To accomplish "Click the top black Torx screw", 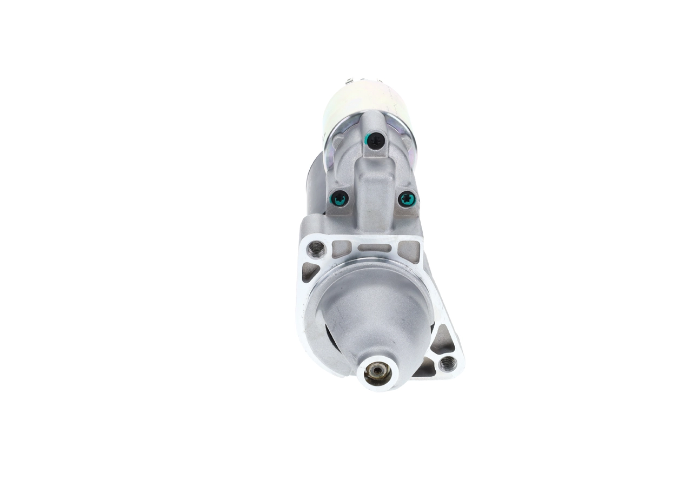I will [375, 141].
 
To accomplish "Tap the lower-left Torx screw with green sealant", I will [340, 199].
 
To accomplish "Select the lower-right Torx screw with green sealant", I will [407, 199].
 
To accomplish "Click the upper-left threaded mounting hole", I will [316, 249].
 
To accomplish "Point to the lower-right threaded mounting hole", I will [448, 363].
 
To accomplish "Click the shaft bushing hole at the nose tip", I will [377, 372].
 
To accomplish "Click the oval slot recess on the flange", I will [375, 249].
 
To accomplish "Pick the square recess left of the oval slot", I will [341, 249].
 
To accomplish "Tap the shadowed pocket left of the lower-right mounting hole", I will [424, 368].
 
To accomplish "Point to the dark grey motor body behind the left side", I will [315, 184].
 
